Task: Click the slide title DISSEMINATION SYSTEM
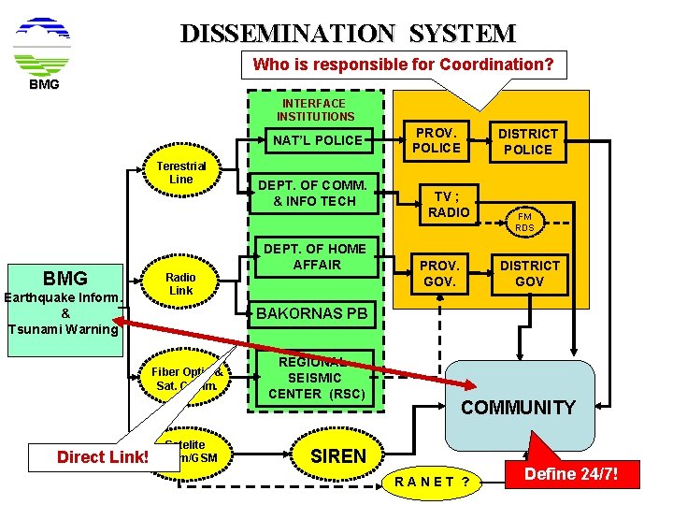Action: tap(347, 34)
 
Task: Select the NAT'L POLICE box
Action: tap(317, 140)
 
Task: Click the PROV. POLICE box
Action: tap(437, 140)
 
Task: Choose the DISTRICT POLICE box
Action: tap(528, 141)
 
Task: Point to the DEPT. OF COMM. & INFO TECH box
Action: tap(312, 193)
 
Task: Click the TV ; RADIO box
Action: tap(450, 204)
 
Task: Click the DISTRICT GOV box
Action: tap(528, 273)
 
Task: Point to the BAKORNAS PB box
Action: tap(312, 313)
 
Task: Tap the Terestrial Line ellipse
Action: tap(181, 173)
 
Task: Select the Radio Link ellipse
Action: tap(181, 284)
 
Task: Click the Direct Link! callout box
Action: tap(102, 457)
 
